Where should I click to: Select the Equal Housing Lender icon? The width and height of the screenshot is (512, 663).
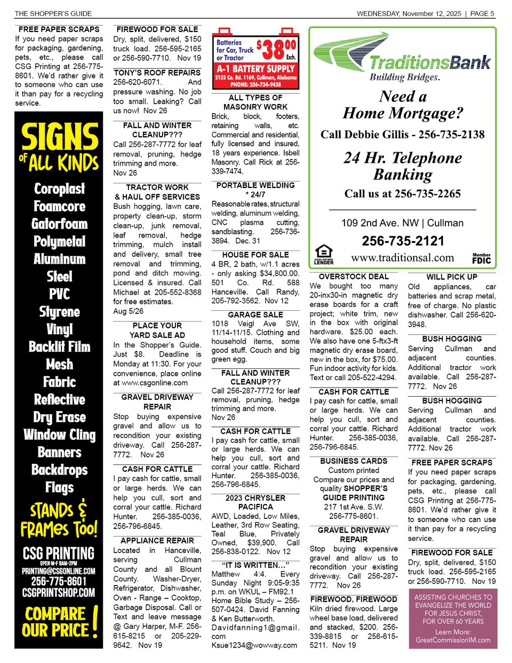click(323, 255)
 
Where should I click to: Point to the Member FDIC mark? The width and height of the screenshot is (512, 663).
click(481, 258)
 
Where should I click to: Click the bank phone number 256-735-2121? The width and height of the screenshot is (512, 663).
click(403, 241)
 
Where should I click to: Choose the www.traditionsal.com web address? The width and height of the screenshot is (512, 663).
click(402, 258)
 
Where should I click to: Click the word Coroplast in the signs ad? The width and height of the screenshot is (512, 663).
click(59, 189)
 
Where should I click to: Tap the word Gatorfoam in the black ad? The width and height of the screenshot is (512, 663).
click(59, 224)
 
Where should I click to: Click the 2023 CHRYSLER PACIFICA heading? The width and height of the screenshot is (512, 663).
click(255, 502)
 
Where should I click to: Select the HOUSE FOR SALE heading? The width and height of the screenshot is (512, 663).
click(255, 255)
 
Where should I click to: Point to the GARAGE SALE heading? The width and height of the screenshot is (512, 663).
click(255, 315)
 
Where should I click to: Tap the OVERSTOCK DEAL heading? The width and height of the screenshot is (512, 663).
click(354, 277)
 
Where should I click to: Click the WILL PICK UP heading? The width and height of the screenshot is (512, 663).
click(452, 277)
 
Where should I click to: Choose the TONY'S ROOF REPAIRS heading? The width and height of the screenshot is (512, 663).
click(157, 73)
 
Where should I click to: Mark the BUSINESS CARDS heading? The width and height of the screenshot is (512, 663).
click(354, 461)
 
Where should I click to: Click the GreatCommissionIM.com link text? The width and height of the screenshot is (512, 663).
click(453, 640)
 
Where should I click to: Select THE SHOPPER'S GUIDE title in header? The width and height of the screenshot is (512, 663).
click(53, 13)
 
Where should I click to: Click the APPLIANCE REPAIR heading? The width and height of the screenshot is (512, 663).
click(157, 541)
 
